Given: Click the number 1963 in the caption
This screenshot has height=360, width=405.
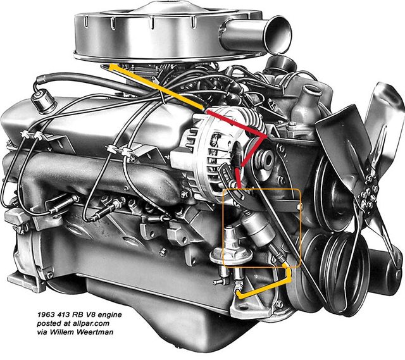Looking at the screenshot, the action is (46, 314).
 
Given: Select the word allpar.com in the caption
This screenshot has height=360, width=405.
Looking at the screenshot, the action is (92, 323).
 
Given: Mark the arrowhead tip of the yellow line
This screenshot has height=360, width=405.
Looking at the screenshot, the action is (109, 66).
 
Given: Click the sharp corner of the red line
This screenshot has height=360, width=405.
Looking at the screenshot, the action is (265, 137).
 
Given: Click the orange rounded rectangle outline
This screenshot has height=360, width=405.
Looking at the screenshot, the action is (261, 228).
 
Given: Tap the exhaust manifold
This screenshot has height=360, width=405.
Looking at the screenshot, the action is (103, 178).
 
